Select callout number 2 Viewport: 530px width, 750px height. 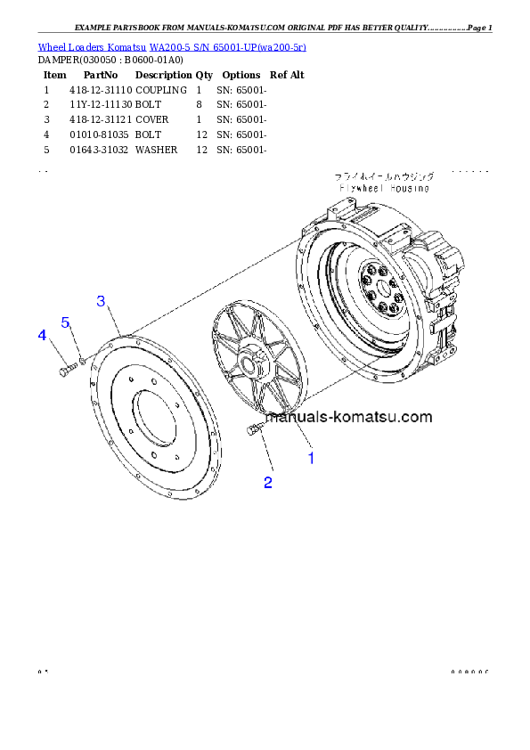pos(267,483)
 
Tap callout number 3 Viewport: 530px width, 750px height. pos(102,301)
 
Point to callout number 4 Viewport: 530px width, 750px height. pos(41,335)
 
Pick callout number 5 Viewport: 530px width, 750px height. pos(65,322)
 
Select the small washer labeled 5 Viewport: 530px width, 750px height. pos(82,360)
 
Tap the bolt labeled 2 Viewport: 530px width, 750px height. pos(252,430)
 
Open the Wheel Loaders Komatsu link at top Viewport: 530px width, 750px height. pos(172,46)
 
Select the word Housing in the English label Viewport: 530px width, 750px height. pos(409,189)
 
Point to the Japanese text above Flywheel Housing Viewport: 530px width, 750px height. pos(384,177)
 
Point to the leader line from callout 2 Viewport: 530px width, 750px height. pos(265,454)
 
